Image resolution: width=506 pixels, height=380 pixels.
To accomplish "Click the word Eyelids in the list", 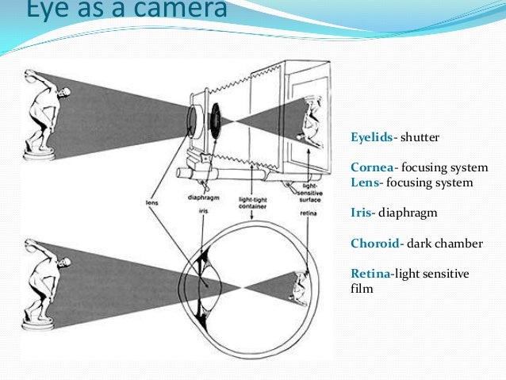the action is coord(371,137).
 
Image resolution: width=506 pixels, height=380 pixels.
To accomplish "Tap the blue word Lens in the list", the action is coord(364,182).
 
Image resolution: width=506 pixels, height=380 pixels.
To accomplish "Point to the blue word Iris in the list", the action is coord(361,213).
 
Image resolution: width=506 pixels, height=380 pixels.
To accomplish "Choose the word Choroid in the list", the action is coord(373,244).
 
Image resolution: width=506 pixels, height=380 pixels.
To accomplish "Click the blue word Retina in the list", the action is coord(370,274).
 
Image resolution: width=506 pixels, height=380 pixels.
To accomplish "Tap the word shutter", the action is coord(420,137).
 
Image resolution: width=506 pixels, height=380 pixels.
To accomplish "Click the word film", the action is coord(361,289).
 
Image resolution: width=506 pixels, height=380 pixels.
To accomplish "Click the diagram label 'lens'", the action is coord(152,202).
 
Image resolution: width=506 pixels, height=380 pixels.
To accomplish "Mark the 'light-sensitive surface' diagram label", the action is coord(310,193).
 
